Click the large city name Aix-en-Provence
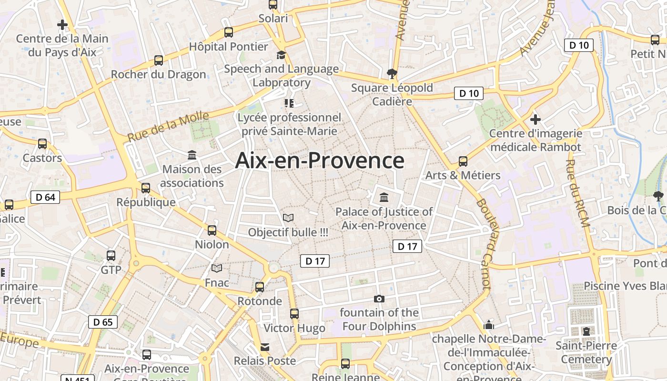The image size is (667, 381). tap(320, 160)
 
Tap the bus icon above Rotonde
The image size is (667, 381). tap(260, 287)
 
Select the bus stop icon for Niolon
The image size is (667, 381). tap(212, 231)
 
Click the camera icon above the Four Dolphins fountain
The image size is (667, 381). tap(379, 299)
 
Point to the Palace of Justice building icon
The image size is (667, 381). tap(384, 197)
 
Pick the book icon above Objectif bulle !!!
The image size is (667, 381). tap(288, 218)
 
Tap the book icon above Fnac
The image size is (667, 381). tap(217, 269)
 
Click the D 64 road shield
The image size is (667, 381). tap(45, 197)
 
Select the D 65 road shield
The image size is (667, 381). tap(103, 322)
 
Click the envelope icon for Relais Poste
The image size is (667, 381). tap(264, 347)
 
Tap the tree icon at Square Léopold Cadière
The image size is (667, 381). tap(392, 73)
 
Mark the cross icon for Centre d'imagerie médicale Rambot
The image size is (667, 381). tap(536, 119)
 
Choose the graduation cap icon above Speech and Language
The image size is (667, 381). tap(281, 55)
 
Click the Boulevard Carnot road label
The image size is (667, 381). tap(483, 243)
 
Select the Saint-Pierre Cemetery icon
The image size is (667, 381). tap(586, 331)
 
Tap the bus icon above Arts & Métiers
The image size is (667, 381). tap(463, 161)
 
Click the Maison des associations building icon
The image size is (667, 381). tap(192, 155)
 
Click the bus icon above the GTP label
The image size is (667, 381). tap(111, 256)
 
